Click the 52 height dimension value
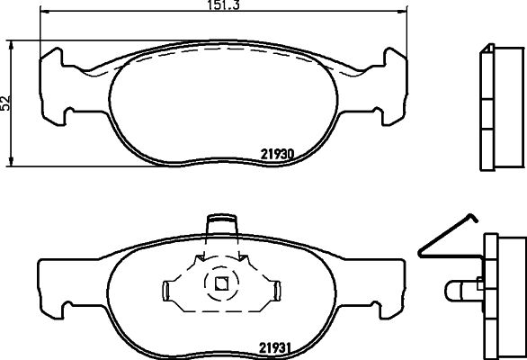(5, 103)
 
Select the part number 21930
(277, 154)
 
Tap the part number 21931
(274, 348)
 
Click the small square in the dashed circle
(221, 283)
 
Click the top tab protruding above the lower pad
(222, 225)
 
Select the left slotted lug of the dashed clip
(165, 291)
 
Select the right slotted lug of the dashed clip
(278, 291)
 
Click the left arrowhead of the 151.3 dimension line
(44, 12)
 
